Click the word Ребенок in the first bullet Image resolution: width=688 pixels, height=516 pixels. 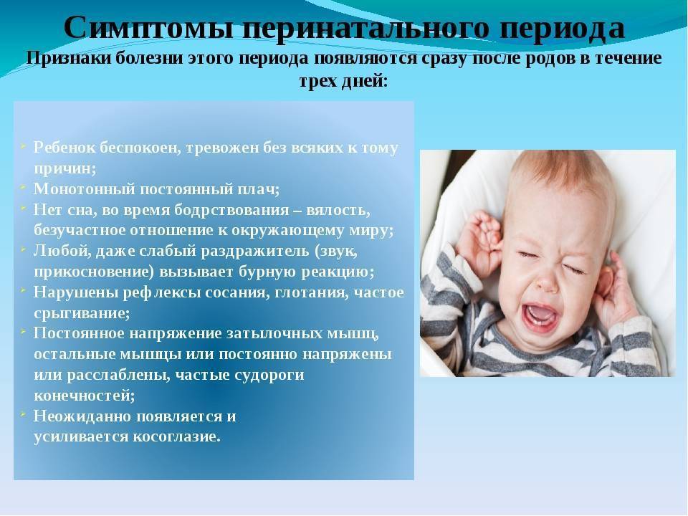[64, 148]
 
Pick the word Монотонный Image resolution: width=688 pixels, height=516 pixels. [85, 189]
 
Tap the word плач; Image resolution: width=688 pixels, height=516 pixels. [258, 190]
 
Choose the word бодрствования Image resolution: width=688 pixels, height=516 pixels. [231, 210]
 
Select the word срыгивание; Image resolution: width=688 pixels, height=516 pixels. [82, 314]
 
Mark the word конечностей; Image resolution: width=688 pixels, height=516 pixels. [85, 396]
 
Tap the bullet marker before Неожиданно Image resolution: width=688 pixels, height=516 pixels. [22, 414]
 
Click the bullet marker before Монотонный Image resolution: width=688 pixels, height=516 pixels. [22, 186]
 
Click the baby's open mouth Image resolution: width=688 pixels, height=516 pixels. [541, 315]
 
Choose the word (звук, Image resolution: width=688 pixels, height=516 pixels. [335, 252]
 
